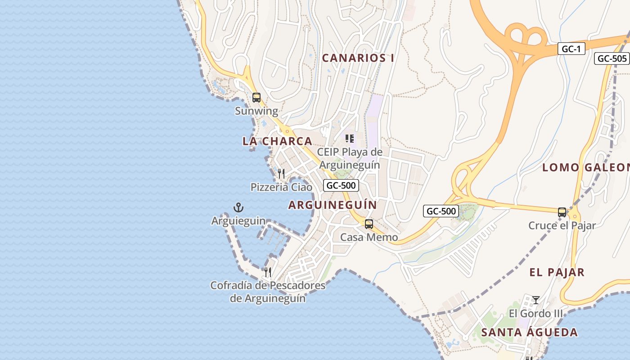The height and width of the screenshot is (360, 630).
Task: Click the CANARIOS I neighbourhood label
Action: (x=358, y=58)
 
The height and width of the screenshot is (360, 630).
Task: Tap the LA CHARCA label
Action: (x=277, y=141)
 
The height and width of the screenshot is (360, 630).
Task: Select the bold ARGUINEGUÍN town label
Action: (x=333, y=205)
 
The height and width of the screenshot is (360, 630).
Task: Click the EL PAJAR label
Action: (x=557, y=272)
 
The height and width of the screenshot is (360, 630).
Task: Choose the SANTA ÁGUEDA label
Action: (x=529, y=333)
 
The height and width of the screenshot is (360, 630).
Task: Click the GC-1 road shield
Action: (x=571, y=49)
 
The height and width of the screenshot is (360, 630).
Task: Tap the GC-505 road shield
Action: (x=612, y=58)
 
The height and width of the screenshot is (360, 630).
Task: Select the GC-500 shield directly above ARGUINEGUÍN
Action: (x=341, y=185)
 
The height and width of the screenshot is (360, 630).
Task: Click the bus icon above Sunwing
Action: (x=256, y=97)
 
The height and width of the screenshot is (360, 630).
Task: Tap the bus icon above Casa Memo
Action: (x=369, y=224)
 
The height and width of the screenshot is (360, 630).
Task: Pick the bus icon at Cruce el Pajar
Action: (x=562, y=212)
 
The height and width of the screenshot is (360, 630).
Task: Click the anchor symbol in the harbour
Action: (x=238, y=207)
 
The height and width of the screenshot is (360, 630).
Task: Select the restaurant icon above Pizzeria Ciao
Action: (x=281, y=174)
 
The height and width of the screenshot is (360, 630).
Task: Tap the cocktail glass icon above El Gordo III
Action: (x=535, y=300)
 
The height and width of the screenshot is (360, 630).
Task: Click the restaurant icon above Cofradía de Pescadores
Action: (x=268, y=272)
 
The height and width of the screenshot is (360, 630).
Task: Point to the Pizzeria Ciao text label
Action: (x=281, y=187)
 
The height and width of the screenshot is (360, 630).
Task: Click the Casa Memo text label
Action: (x=369, y=237)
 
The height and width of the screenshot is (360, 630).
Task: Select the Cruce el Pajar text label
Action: (x=562, y=226)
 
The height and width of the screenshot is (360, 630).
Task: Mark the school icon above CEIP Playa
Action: (x=350, y=139)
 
